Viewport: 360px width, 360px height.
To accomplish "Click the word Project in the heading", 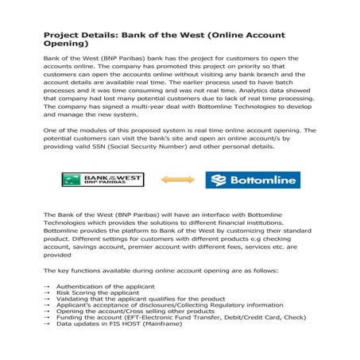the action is click(x=60, y=37).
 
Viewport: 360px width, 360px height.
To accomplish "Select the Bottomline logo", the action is click(x=252, y=180).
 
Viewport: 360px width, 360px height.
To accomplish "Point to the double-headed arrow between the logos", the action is click(x=177, y=180).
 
